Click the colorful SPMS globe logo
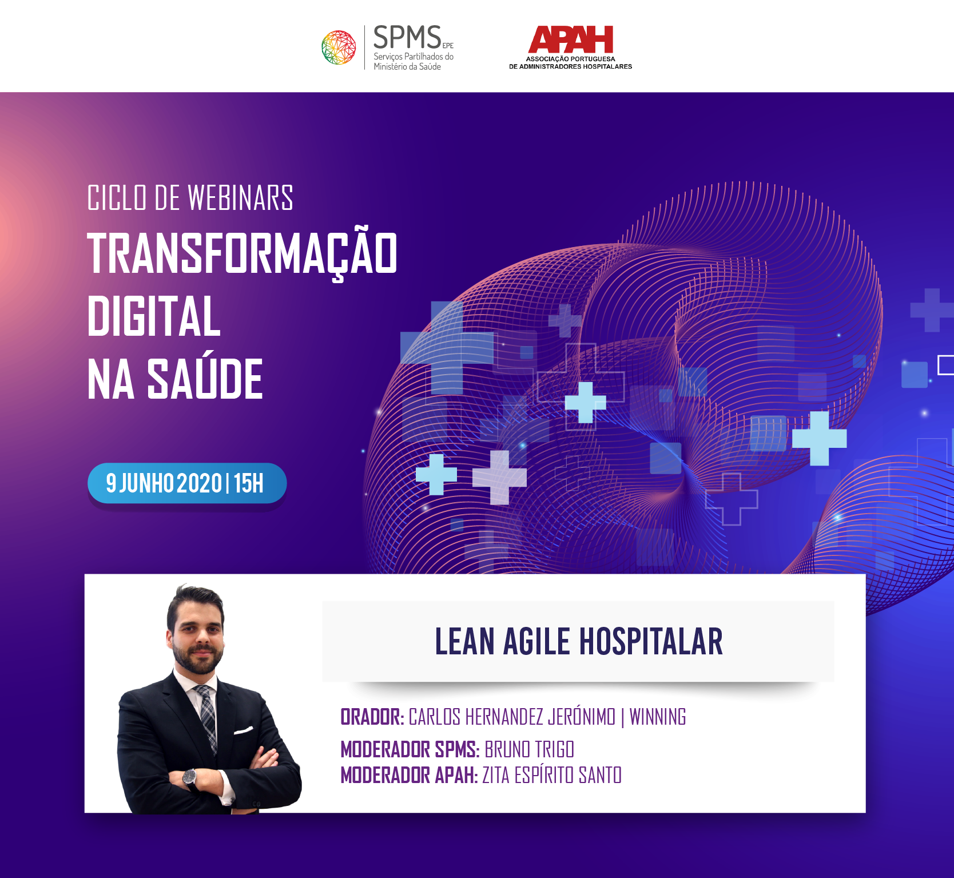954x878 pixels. [339, 47]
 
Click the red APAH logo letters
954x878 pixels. [571, 39]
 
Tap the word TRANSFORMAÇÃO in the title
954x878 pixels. [242, 254]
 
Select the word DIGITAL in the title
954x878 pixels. [154, 316]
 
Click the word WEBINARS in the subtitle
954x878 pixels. [240, 198]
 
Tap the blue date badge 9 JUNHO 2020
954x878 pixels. [187, 483]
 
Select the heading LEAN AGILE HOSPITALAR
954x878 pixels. [579, 641]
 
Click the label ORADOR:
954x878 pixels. [372, 717]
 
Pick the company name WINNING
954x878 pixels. [658, 717]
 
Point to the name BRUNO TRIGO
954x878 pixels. [529, 749]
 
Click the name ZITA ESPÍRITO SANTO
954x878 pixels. [552, 776]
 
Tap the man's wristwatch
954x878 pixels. [189, 777]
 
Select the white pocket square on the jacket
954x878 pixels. [243, 730]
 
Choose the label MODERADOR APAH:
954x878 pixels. [409, 776]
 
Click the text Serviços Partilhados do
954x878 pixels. [414, 57]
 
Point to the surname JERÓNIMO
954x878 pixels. [582, 717]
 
